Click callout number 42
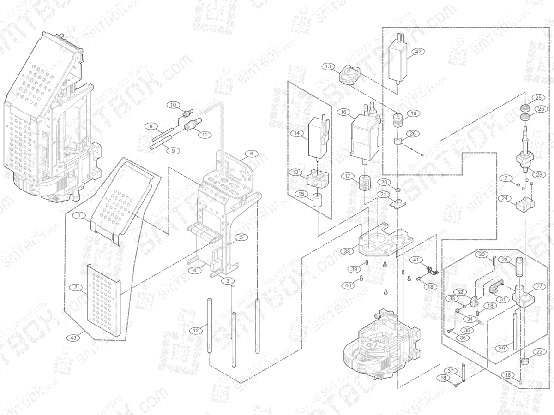(418, 52)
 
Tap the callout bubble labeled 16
(343, 112)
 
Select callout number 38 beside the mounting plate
(347, 251)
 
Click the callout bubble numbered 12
(196, 330)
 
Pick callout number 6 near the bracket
(251, 154)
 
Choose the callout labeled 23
(538, 174)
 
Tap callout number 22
(538, 352)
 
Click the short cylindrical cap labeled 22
(525, 362)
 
